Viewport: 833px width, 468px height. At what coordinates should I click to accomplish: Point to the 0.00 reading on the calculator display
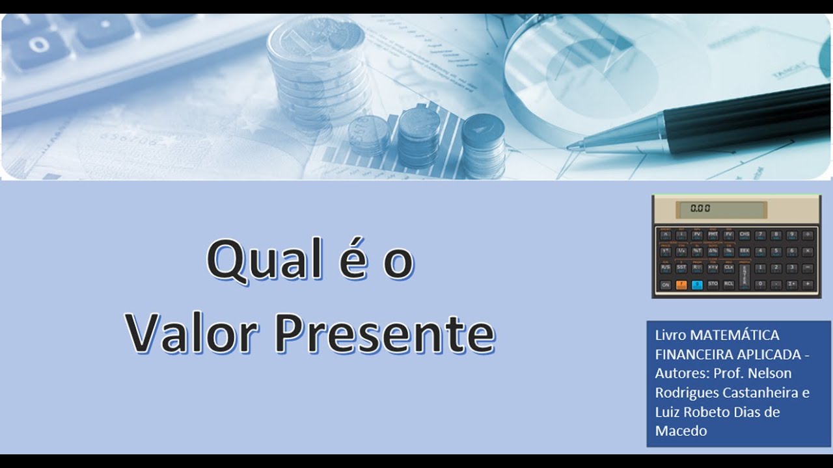(x=700, y=209)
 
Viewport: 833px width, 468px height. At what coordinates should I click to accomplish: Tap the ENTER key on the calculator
(x=745, y=276)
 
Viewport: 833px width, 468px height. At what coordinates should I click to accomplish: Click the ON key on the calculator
(x=665, y=285)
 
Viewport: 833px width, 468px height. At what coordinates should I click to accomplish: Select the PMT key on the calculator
(x=713, y=235)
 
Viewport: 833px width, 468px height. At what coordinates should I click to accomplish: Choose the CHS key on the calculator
(x=744, y=235)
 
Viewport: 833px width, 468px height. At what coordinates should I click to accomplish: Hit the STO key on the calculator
(x=713, y=285)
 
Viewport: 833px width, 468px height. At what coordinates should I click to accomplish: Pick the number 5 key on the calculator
(x=776, y=251)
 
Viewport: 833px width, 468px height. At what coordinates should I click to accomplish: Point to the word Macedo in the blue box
(x=681, y=430)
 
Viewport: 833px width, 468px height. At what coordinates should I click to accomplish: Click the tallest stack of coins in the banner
(x=318, y=71)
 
